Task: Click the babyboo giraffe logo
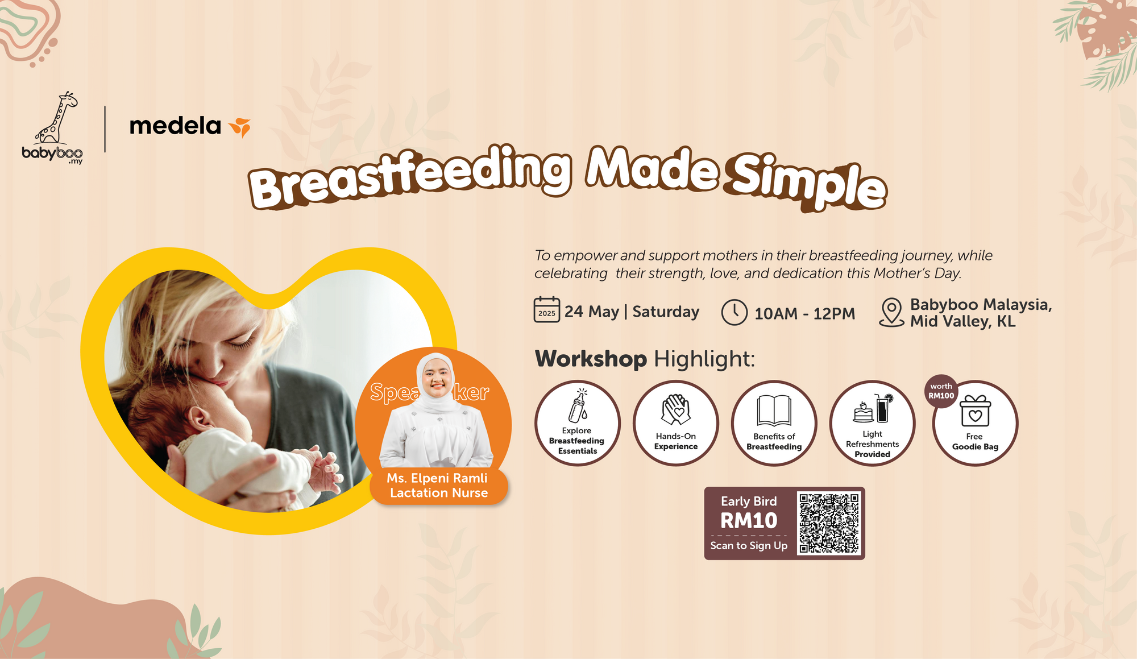55,122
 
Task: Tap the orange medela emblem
240,127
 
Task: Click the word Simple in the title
807,182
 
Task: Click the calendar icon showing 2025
546,310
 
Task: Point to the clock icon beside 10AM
734,312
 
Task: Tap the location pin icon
891,312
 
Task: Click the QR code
829,523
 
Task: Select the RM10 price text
749,521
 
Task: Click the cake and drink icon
873,408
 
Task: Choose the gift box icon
975,411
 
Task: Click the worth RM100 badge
941,391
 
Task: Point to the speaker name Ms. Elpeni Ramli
437,478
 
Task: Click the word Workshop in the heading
591,359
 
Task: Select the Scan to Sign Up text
749,545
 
